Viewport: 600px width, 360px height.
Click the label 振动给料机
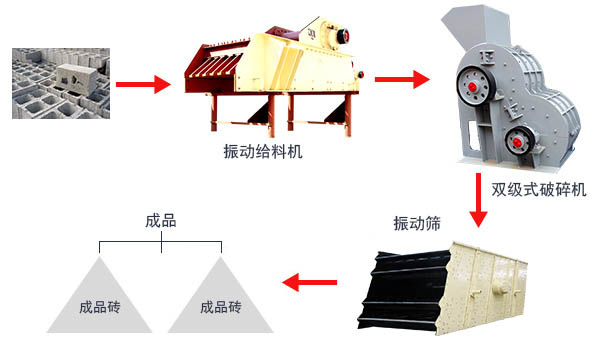tap(263, 152)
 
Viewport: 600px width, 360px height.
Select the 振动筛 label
tap(416, 222)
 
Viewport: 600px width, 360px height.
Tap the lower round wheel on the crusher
tap(518, 139)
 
